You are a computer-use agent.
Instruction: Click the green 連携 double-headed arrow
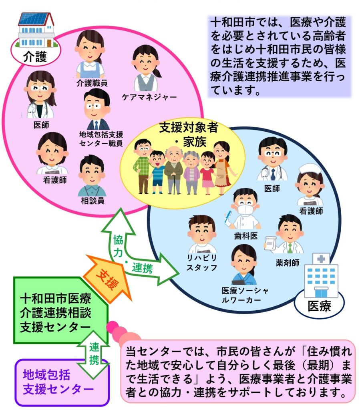pyautogui.click(x=93, y=354)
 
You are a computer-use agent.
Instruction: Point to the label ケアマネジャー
pyautogui.click(x=149, y=97)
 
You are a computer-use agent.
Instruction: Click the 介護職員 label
pyautogui.click(x=92, y=83)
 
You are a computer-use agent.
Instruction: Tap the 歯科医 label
pyautogui.click(x=246, y=236)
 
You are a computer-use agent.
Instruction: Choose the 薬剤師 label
pyautogui.click(x=288, y=263)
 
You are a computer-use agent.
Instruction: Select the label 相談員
pyautogui.click(x=93, y=201)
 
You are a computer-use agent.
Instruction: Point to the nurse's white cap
pyautogui.click(x=310, y=169)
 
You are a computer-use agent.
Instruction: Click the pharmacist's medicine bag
pyautogui.click(x=271, y=243)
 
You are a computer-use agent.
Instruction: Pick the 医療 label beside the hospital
pyautogui.click(x=319, y=306)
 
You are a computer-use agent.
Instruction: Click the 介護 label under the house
pyautogui.click(x=35, y=56)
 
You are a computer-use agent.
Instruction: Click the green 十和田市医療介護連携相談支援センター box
pyautogui.click(x=60, y=310)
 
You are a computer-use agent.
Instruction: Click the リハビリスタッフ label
pyautogui.click(x=202, y=263)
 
